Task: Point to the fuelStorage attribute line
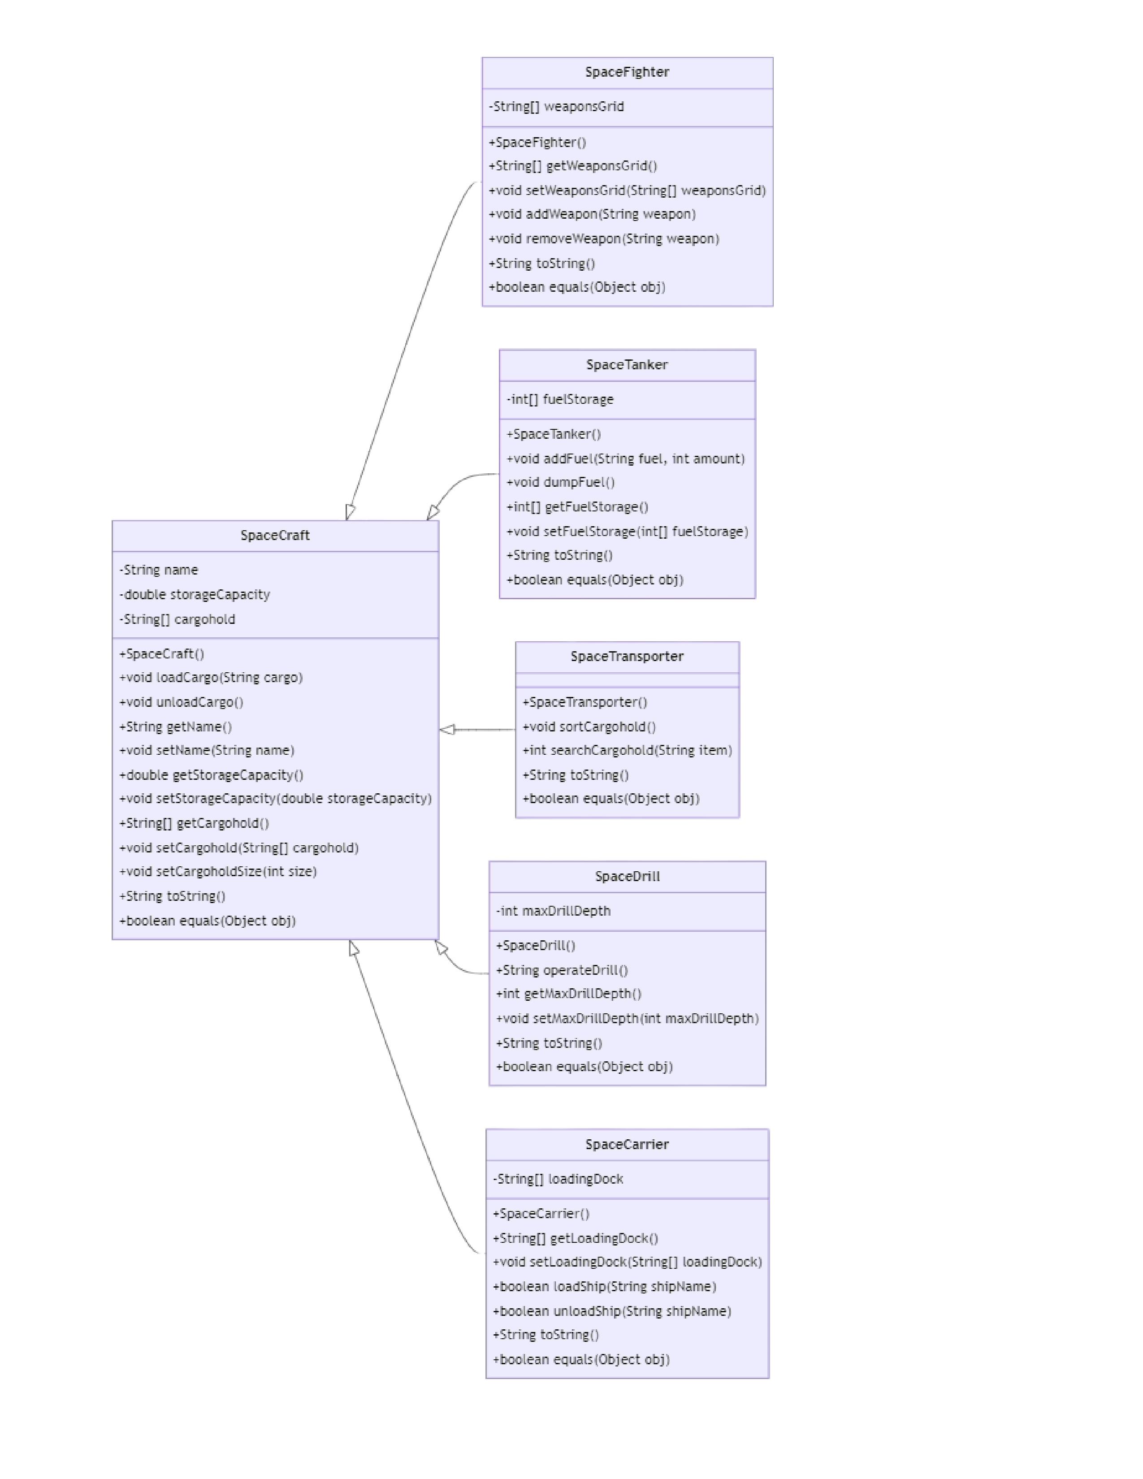[559, 399]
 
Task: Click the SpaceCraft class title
[275, 536]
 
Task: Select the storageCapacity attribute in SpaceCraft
[195, 595]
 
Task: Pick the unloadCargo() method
[181, 702]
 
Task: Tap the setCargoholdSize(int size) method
[217, 872]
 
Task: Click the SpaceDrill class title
[627, 877]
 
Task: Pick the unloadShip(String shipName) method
[611, 1311]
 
